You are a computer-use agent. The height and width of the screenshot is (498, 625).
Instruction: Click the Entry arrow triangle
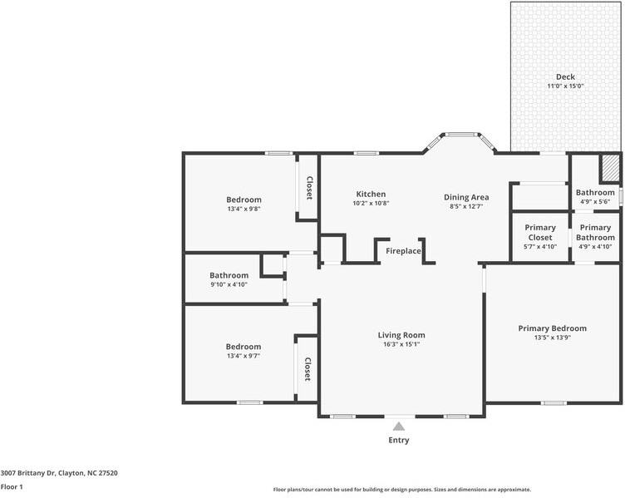point(399,427)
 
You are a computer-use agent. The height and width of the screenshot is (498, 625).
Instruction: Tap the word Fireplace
point(403,251)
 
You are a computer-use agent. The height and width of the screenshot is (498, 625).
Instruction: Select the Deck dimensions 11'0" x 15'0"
point(565,86)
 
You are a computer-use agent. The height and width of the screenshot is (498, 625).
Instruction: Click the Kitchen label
point(371,194)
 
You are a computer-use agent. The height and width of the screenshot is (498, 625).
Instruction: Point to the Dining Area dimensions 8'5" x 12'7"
point(466,206)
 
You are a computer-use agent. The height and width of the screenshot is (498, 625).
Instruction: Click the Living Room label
point(401,335)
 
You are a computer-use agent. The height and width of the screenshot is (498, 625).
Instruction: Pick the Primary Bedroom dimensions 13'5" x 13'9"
point(553,338)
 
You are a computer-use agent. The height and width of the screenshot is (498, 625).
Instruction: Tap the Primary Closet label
point(540,232)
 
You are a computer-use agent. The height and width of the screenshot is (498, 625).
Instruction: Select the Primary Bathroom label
point(595,232)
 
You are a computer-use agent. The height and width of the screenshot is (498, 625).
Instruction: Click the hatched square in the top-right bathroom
point(610,169)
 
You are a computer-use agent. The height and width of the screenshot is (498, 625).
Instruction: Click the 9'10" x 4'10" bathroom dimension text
point(229,284)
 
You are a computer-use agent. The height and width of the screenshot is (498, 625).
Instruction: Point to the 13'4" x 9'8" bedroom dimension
point(244,209)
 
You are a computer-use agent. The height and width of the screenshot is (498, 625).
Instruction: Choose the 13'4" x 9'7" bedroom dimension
point(244,356)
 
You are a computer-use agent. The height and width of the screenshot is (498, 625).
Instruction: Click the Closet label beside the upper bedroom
point(309,188)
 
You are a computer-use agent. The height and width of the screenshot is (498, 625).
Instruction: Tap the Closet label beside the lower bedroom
point(308,369)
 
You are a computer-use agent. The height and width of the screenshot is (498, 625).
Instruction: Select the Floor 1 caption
point(12,487)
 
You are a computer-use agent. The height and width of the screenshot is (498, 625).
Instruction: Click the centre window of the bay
point(460,135)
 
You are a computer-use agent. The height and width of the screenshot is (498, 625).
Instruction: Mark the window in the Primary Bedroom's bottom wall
point(554,403)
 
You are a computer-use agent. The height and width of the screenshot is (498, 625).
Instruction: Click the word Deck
point(565,76)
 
